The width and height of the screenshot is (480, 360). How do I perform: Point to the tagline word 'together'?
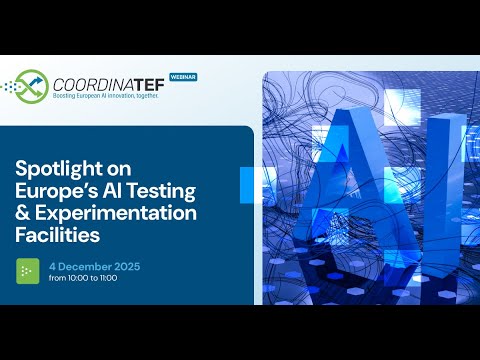(x=169, y=98)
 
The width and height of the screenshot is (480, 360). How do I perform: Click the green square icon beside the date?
(x=30, y=270)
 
